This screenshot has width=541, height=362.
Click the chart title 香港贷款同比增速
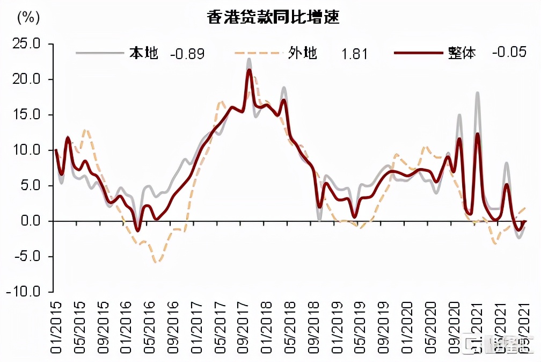[x=274, y=17]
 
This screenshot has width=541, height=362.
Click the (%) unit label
[x=28, y=17]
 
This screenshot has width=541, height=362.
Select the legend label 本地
[x=143, y=53]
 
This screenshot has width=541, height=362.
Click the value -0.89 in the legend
[x=187, y=54]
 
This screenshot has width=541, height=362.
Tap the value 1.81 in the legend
[x=354, y=54]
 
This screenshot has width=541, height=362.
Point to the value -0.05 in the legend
[x=508, y=53]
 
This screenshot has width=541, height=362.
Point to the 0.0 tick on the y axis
[x=30, y=221]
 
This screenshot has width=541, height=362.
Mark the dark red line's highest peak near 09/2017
[x=249, y=70]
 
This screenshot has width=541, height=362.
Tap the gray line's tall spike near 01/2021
[x=477, y=93]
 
